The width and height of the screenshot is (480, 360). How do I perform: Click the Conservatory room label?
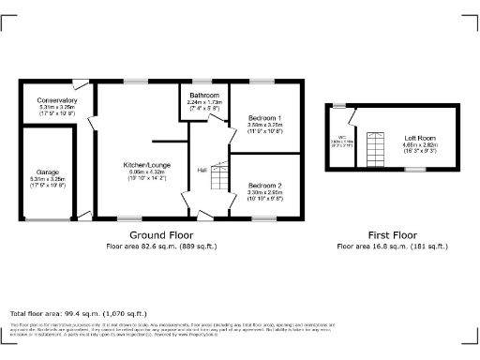pyautogui.click(x=57, y=100)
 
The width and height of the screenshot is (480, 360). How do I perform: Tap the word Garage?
pyautogui.click(x=48, y=172)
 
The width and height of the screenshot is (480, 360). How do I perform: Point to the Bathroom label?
pyautogui.click(x=203, y=96)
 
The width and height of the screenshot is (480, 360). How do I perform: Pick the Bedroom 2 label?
pyautogui.click(x=264, y=186)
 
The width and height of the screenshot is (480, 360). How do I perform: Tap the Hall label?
pyautogui.click(x=202, y=170)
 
